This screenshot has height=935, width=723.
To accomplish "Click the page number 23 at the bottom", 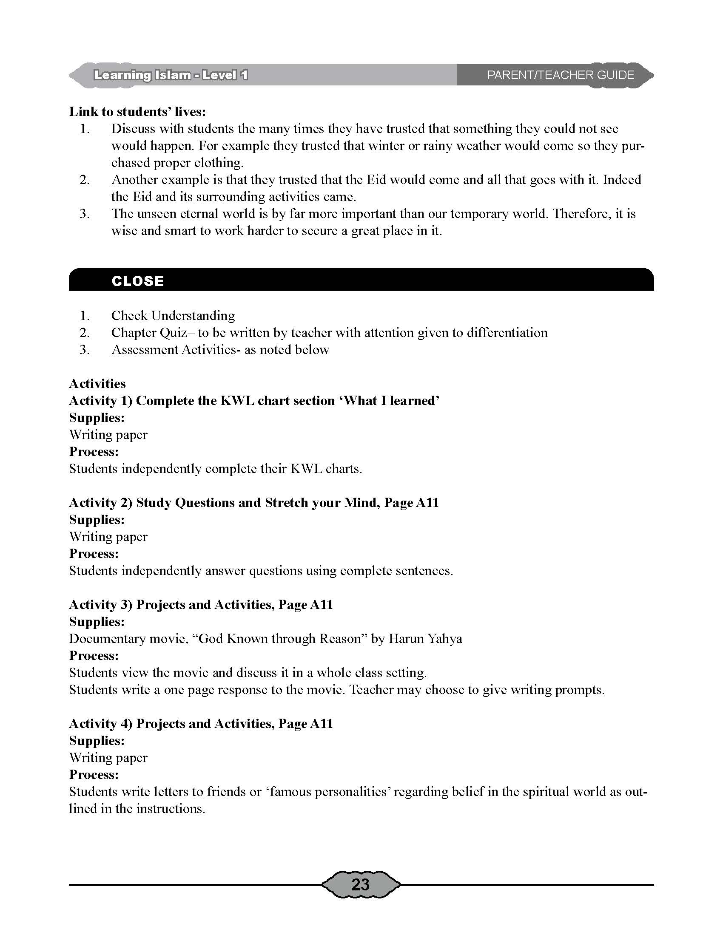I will (360, 884).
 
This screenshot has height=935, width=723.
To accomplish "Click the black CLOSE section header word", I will (137, 281).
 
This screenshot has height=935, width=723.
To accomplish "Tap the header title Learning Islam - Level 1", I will (171, 75).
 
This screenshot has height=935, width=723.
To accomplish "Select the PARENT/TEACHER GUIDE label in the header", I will (560, 75).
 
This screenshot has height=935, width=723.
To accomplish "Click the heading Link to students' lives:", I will (137, 112).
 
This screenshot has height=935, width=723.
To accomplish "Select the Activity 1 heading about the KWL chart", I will (254, 401).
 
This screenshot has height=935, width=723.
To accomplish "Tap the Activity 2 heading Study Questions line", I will (254, 503).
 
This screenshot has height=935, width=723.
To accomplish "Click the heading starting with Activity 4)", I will (201, 723).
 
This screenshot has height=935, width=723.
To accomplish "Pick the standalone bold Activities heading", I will (97, 384).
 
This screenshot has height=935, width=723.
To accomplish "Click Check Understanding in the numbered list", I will (173, 315).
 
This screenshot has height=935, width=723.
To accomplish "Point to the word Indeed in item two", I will (621, 180).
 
